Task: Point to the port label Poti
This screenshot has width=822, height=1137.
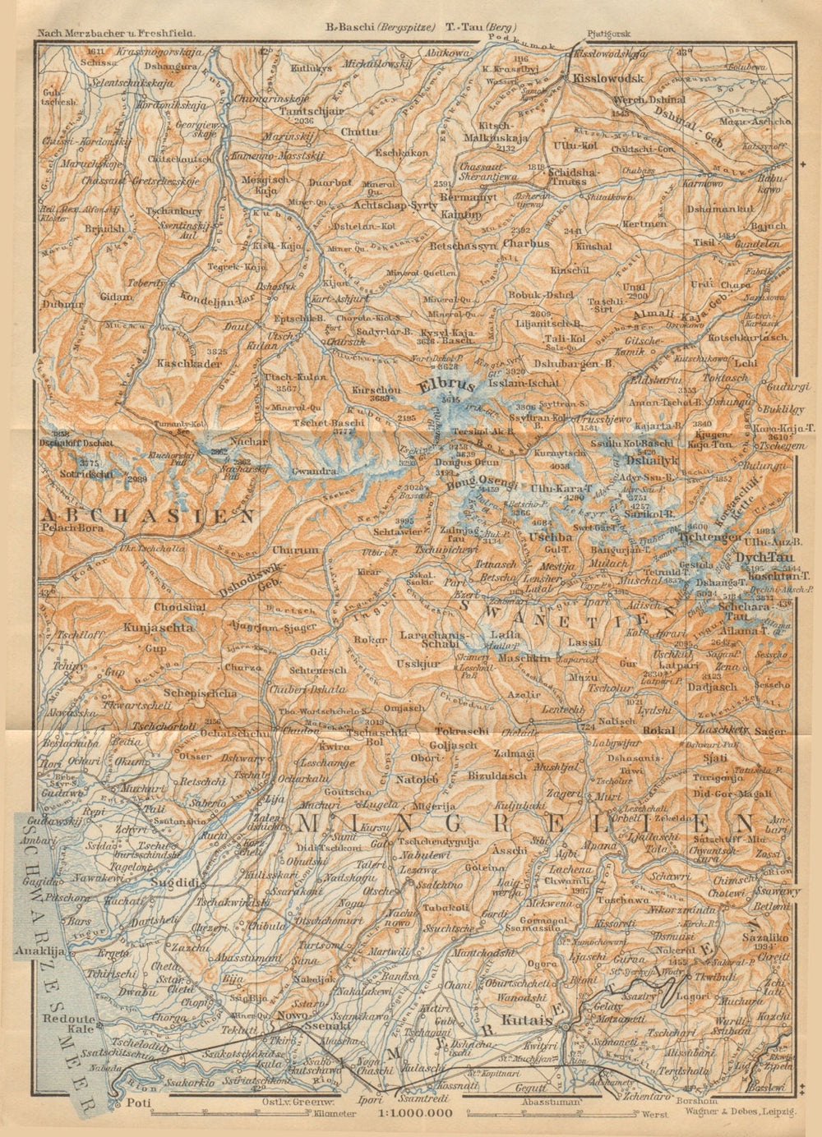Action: click(x=132, y=1104)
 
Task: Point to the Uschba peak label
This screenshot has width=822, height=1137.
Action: click(x=551, y=536)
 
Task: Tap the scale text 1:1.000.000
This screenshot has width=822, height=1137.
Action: click(x=415, y=1114)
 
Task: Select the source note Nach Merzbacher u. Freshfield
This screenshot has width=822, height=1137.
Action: click(x=114, y=34)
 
